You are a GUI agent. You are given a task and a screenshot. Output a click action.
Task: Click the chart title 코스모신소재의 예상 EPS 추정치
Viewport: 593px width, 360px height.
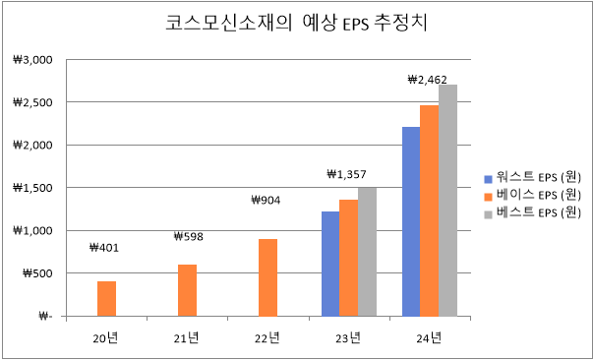point(296,24)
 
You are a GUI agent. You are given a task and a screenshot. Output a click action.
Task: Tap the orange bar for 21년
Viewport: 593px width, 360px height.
point(187,290)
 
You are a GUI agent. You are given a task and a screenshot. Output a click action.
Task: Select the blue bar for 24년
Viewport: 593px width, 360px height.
point(411,221)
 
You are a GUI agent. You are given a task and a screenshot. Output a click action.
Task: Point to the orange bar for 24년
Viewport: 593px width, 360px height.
point(429,210)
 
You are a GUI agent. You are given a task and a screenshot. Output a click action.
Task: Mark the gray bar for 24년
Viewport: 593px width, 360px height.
point(447,201)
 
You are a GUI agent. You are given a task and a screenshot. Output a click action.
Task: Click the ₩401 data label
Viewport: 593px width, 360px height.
point(104,248)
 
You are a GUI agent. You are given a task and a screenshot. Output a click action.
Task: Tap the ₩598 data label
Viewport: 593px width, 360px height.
point(187,237)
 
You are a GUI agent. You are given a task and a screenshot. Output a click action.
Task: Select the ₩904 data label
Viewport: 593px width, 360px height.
point(267,201)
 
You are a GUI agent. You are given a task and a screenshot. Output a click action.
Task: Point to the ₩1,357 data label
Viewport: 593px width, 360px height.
point(346,174)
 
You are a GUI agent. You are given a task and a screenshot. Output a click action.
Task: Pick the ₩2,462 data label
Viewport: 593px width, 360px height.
point(428,80)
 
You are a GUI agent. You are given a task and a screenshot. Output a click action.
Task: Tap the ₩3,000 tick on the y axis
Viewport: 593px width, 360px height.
point(33,59)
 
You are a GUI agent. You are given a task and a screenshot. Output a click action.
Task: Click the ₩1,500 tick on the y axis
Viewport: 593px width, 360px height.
point(33,188)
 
